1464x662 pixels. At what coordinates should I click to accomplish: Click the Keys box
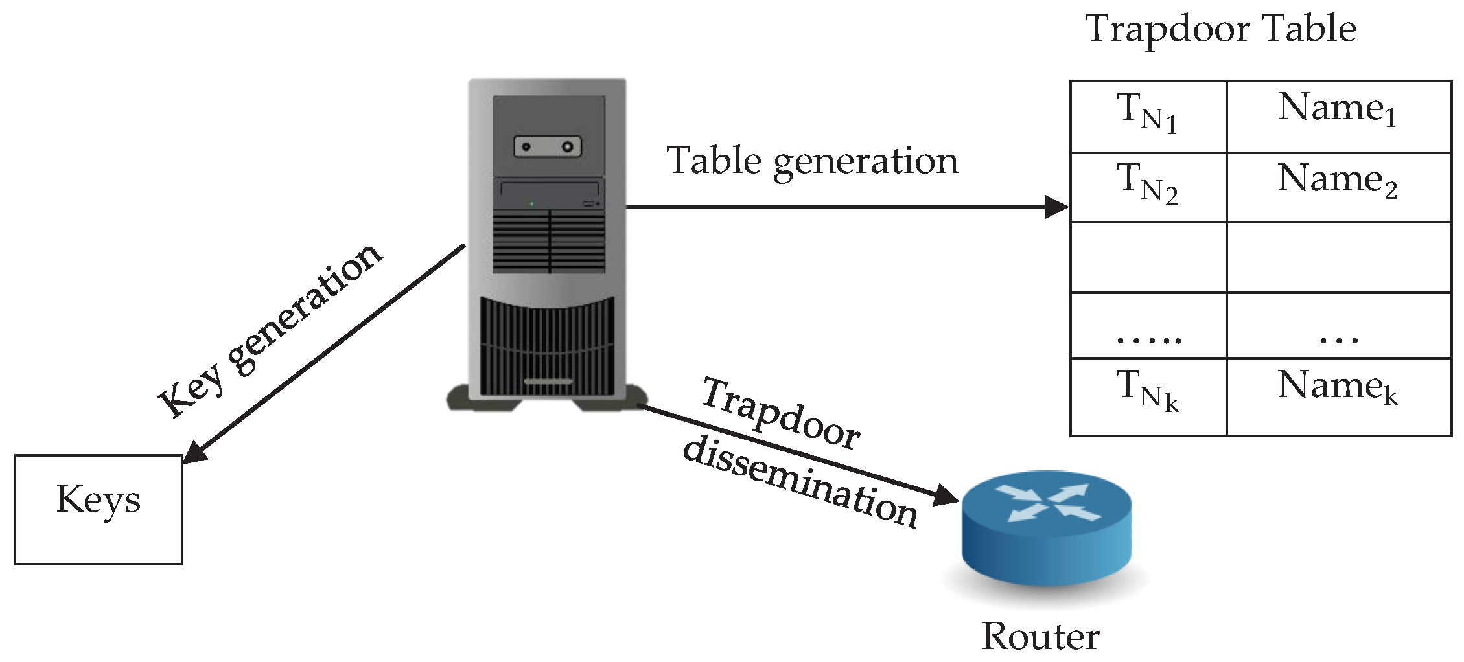tap(99, 509)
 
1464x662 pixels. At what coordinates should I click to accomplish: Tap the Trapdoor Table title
tap(1220, 29)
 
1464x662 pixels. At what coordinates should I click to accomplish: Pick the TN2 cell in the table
tap(1148, 187)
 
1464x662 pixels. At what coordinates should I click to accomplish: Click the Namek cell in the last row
tap(1338, 395)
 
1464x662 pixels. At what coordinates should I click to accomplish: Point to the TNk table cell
tap(1148, 395)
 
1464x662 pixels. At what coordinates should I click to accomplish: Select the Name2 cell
tap(1338, 187)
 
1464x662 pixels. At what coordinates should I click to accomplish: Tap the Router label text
tap(1041, 636)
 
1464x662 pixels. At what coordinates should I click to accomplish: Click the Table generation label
tap(812, 161)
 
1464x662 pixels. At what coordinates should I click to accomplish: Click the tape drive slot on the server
tap(548, 146)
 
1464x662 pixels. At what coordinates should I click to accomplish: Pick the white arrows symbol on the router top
tap(1047, 503)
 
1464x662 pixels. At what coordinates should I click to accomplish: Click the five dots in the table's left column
tap(1149, 339)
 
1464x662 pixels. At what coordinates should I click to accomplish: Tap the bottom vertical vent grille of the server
tap(548, 347)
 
